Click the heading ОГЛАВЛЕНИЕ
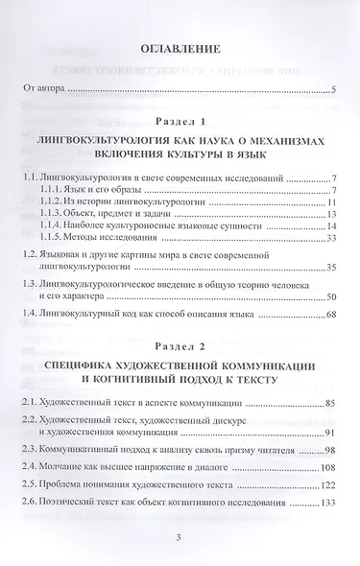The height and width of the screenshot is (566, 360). (x=180, y=50)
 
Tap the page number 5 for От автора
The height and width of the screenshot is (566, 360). (x=330, y=91)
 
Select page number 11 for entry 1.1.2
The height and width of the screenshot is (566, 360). (x=329, y=203)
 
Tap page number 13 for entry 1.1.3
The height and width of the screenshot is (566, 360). (x=329, y=216)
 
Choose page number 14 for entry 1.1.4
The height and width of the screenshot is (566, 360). (x=329, y=228)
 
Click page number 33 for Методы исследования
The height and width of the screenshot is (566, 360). (x=329, y=240)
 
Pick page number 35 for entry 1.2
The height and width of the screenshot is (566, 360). (x=329, y=269)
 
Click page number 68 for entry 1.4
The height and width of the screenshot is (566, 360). (x=329, y=316)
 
